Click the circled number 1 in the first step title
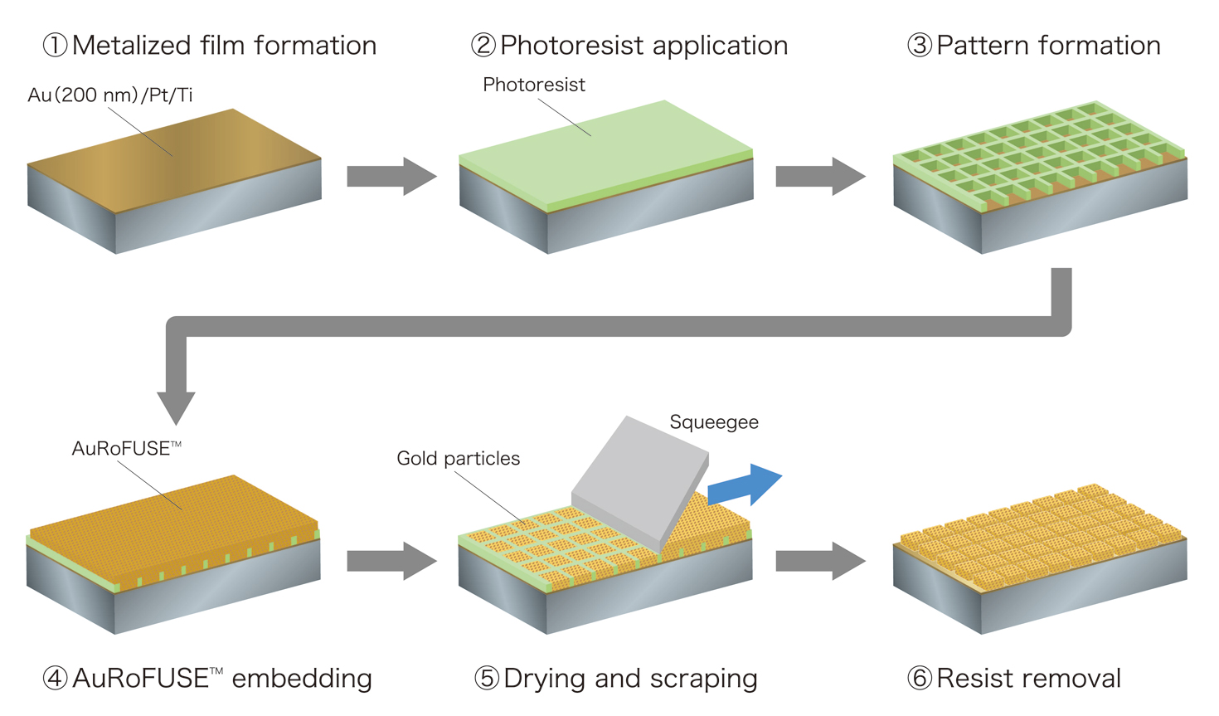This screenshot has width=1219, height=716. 55,45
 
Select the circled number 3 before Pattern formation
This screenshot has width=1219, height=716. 919,45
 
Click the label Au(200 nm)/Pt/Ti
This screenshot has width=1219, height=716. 110,95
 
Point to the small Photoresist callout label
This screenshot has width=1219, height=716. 533,85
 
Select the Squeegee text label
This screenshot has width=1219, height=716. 713,422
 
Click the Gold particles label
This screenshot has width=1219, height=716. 458,459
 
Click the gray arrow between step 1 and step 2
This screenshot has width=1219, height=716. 391,176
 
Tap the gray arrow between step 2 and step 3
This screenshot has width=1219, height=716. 819,176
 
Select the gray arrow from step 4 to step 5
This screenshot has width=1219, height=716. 391,561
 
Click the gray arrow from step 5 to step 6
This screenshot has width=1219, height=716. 819,561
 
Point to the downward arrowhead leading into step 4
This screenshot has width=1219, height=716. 176,407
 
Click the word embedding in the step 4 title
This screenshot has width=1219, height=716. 302,678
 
